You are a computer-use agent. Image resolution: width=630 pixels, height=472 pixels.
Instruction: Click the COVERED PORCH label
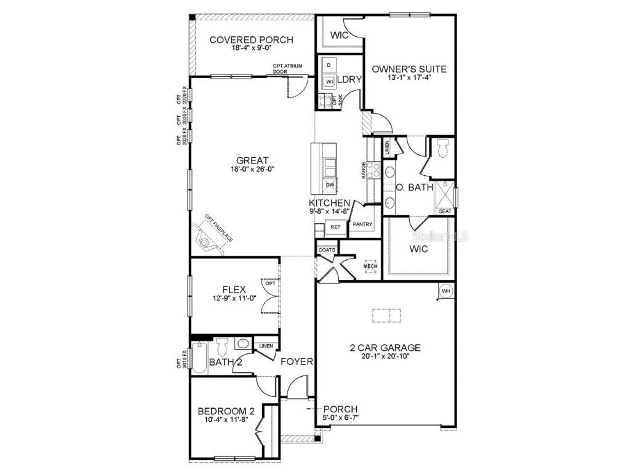tap(251, 40)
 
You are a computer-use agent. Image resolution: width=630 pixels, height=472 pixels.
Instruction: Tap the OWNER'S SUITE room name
tap(409, 69)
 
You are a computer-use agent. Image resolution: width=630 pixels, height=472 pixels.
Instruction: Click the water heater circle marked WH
tap(445, 290)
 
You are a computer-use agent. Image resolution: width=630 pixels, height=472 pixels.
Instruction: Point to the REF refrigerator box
tap(335, 227)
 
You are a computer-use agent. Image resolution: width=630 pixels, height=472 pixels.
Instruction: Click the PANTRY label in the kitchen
tap(362, 225)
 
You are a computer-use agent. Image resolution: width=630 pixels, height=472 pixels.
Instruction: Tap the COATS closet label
tap(327, 250)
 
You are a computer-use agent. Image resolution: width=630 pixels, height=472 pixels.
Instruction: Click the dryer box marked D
tap(329, 65)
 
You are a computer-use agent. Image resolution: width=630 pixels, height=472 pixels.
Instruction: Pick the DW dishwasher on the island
tap(330, 184)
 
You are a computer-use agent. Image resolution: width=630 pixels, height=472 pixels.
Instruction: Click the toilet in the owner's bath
tap(442, 147)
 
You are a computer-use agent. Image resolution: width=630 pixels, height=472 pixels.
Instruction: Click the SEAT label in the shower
tap(445, 211)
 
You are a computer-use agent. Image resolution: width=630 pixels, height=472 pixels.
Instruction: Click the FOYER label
tap(297, 361)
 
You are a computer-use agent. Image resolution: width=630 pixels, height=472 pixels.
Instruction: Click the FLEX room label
tap(234, 289)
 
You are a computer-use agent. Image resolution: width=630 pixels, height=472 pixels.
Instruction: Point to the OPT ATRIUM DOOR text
tap(289, 69)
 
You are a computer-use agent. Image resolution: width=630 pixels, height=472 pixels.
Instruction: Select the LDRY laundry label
tap(349, 79)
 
